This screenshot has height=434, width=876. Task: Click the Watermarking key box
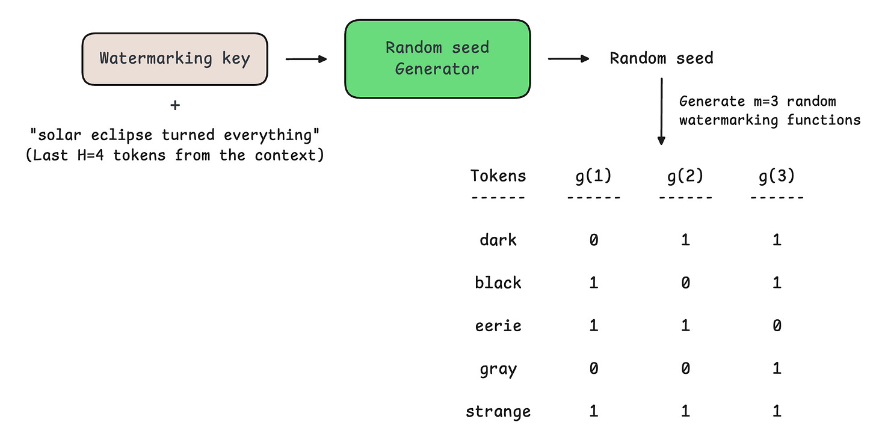click(x=175, y=59)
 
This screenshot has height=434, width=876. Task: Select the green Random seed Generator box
click(x=437, y=58)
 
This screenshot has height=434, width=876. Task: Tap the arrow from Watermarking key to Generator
click(x=306, y=59)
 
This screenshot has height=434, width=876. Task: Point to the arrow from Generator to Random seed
click(x=569, y=58)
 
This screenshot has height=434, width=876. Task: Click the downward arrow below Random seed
click(x=661, y=111)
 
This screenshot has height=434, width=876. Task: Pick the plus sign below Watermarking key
click(x=175, y=105)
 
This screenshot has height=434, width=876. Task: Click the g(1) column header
click(x=594, y=176)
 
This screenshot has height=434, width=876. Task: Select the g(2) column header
click(x=685, y=176)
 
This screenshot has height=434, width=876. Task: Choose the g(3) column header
click(x=777, y=176)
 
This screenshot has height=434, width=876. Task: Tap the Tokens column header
click(x=498, y=176)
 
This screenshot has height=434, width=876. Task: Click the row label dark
click(x=498, y=239)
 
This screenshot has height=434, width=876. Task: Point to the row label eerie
click(x=498, y=325)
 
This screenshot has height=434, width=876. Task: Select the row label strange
click(x=498, y=411)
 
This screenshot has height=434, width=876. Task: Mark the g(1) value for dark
click(x=594, y=240)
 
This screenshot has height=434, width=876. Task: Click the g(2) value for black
click(x=685, y=283)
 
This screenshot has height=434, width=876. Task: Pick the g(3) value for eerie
click(x=777, y=326)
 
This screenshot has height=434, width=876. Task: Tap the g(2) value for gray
click(x=685, y=368)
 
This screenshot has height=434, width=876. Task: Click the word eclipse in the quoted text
click(x=122, y=135)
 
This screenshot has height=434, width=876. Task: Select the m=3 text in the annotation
click(x=766, y=102)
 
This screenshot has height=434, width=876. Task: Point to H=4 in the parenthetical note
click(x=90, y=156)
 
